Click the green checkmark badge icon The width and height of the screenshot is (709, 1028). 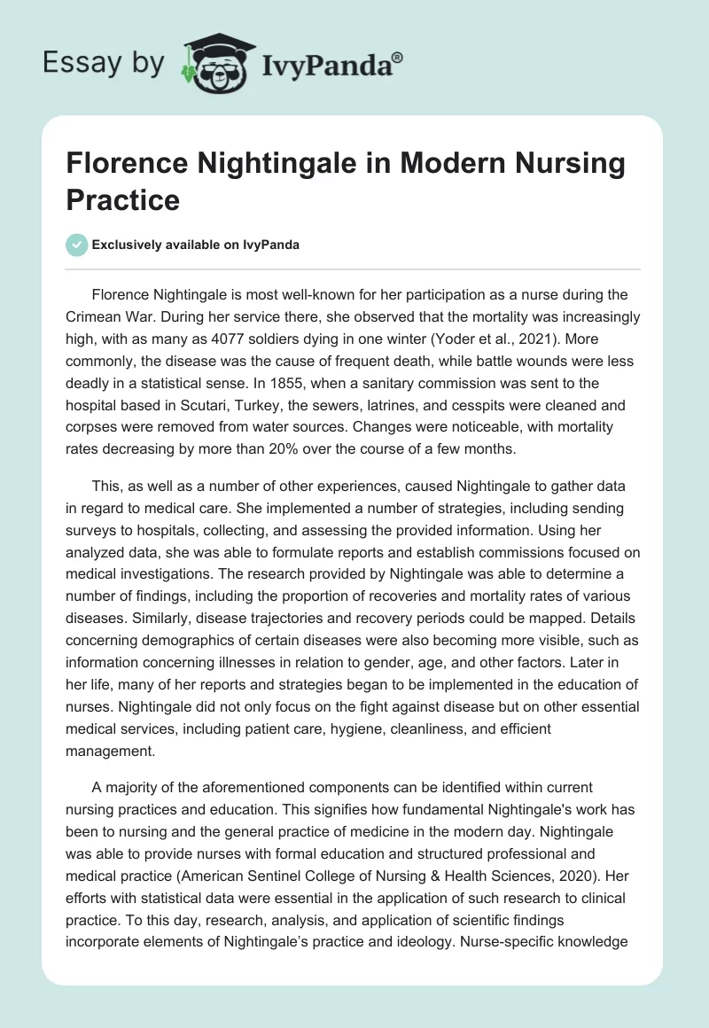77,245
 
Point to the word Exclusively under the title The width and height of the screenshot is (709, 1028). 129,245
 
